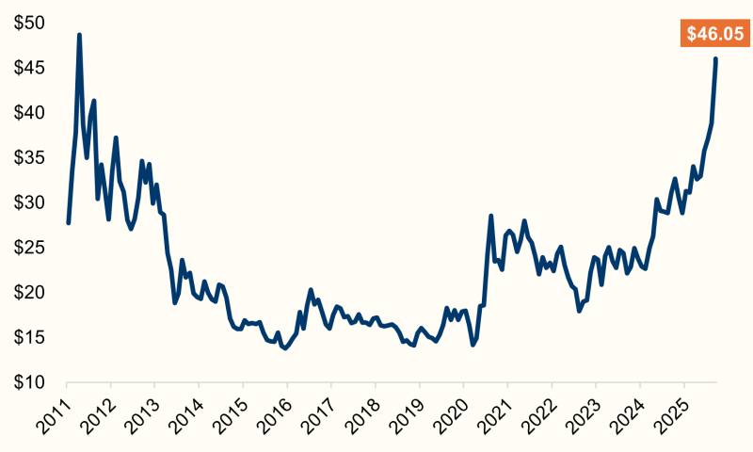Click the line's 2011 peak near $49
(79, 35)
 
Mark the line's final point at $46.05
(716, 58)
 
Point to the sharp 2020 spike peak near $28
(491, 216)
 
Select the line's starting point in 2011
(68, 222)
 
